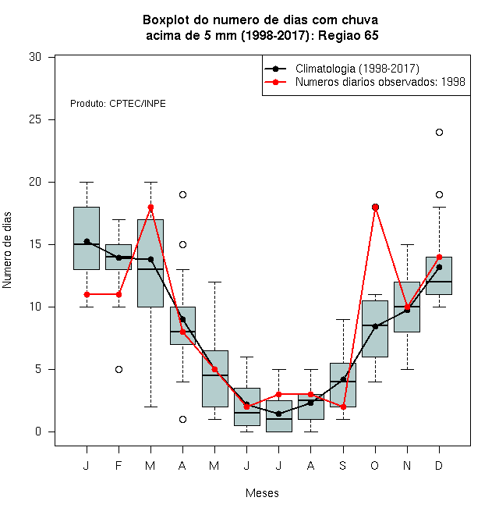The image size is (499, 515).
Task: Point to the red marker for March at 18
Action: [150, 208]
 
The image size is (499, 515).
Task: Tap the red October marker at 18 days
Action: [376, 208]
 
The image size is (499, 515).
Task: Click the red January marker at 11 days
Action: [87, 295]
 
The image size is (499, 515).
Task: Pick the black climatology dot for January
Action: [87, 241]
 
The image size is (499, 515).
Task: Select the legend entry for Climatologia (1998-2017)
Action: [342, 69]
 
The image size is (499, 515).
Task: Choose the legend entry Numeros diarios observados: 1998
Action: [365, 82]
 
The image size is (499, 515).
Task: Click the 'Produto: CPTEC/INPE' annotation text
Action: [118, 104]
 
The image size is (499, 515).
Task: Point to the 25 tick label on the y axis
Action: [35, 119]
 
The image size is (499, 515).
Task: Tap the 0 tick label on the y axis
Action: [38, 432]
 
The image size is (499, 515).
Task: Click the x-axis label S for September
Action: [343, 465]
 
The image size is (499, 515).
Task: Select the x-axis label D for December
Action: [439, 465]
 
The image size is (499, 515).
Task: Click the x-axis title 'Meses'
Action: [262, 493]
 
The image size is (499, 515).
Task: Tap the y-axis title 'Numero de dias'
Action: [7, 250]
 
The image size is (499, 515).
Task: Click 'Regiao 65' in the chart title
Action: [348, 35]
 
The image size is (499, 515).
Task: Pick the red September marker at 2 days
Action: [343, 407]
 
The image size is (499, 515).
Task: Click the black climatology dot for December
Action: [439, 268]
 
